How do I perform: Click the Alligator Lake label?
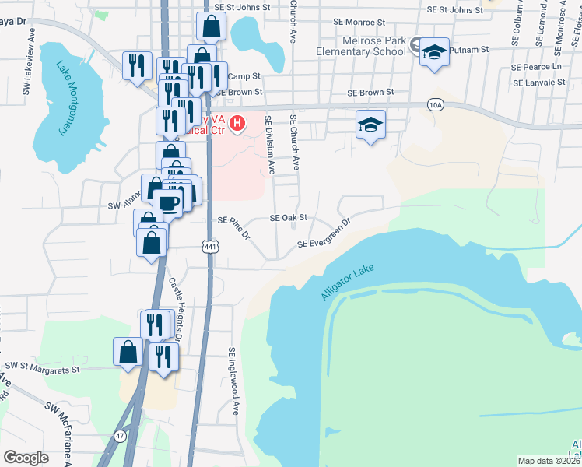click(347, 283)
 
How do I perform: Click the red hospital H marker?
click(237, 123)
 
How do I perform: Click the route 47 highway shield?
click(121, 437)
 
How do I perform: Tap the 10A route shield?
click(435, 104)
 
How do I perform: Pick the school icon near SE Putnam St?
click(434, 52)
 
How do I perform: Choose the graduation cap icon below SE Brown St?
click(371, 124)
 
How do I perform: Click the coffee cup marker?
click(170, 204)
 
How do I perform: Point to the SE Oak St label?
click(289, 218)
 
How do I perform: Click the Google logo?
click(26, 457)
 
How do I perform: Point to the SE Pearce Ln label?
click(536, 67)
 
